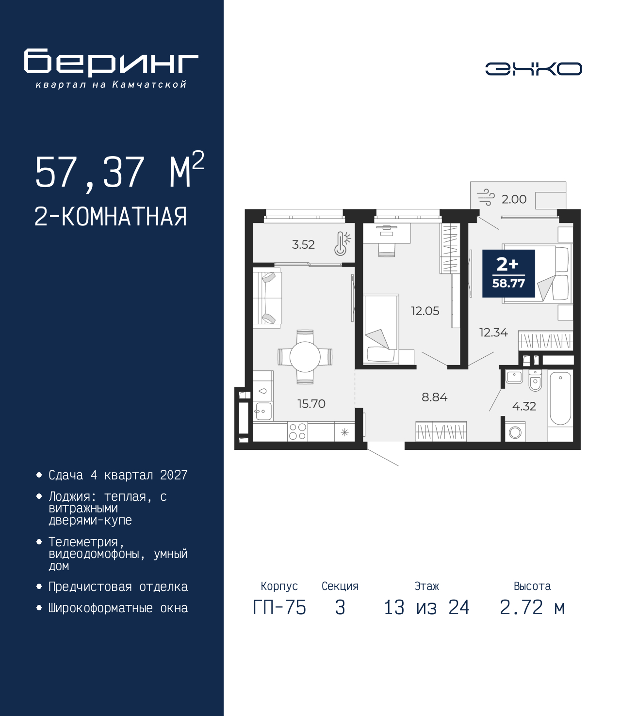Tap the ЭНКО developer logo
point(534,68)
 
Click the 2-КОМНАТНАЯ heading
point(111,217)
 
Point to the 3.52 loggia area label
point(303,244)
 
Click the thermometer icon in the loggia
point(342,243)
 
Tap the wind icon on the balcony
point(486,198)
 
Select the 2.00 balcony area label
point(514,199)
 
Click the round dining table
point(305,357)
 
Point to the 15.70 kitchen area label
point(311,403)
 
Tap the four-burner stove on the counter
point(297,431)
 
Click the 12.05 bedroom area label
point(425,311)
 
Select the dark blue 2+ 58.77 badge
point(508,273)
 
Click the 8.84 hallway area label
point(434,397)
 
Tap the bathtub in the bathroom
point(560,398)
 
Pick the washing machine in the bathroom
point(515,431)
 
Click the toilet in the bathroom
point(535,381)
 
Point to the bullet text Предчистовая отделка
point(118,587)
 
